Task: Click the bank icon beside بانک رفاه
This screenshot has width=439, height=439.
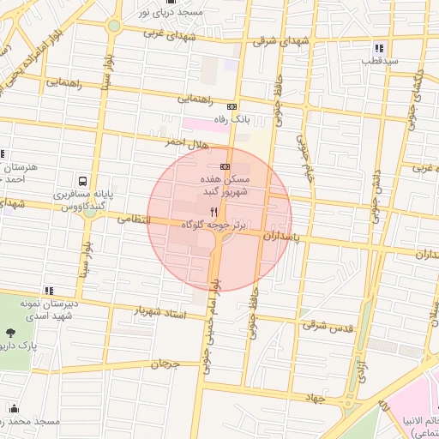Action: (232, 106)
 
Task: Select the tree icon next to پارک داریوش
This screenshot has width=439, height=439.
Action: (11, 333)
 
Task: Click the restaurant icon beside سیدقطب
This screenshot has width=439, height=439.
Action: (379, 48)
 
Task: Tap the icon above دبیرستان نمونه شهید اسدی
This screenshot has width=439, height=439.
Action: (49, 291)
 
